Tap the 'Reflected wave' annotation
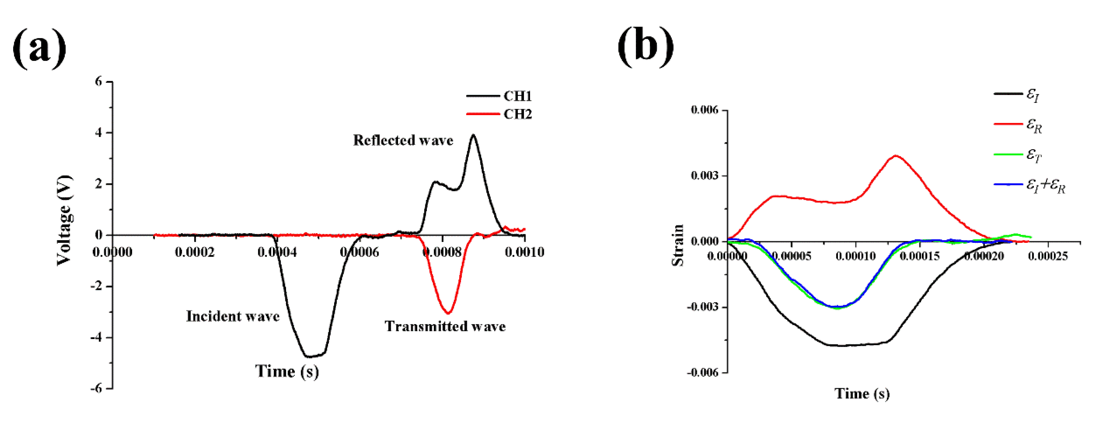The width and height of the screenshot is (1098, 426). (403, 140)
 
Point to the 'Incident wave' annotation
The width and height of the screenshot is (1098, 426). (233, 316)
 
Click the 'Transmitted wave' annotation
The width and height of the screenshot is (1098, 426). (445, 326)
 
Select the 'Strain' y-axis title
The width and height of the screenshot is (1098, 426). (677, 245)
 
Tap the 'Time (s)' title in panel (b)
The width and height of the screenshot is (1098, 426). (862, 393)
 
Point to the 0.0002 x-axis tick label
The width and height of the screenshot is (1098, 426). (195, 252)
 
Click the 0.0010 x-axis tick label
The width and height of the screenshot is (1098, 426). (524, 252)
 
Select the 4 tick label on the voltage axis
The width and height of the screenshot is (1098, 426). (99, 132)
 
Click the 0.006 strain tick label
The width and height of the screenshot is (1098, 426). (704, 110)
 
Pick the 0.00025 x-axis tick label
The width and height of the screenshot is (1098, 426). (1048, 256)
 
